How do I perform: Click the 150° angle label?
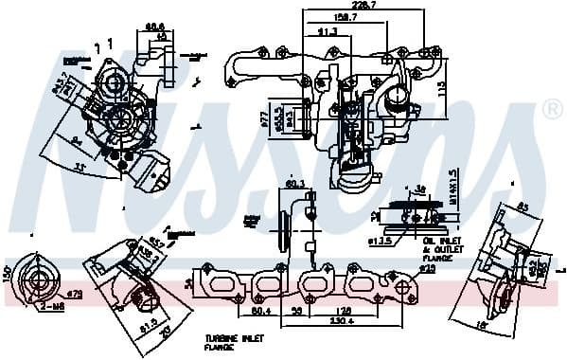[x=7, y=275]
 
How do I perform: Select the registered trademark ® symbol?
[x=552, y=111]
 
